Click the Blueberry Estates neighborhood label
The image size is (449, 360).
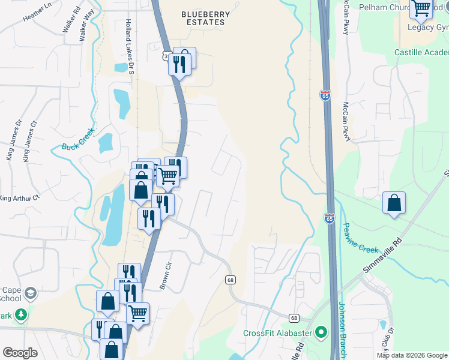coord(203,17)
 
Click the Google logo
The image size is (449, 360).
coord(20,353)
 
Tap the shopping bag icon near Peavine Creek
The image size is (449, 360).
coord(394,203)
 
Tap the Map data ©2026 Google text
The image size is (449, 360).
coord(412,355)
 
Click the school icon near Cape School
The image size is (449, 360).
coord(29,293)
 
